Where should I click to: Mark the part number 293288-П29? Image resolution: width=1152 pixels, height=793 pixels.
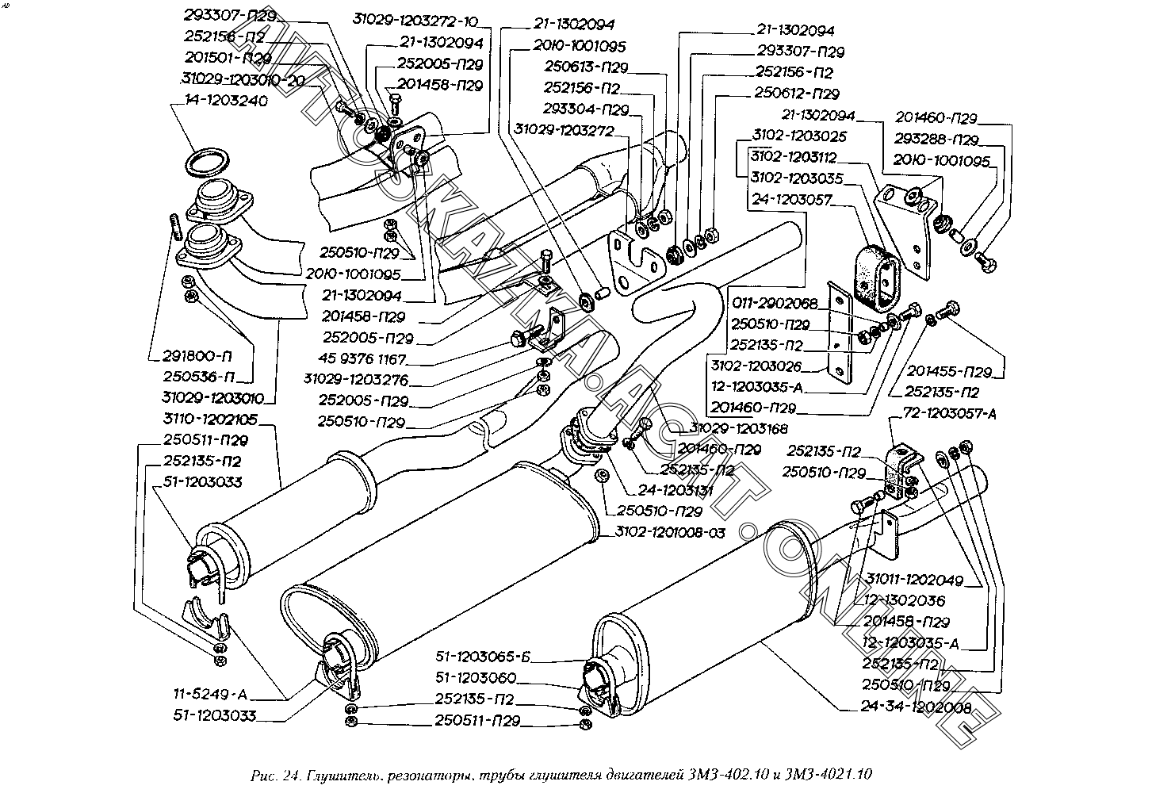click(x=936, y=140)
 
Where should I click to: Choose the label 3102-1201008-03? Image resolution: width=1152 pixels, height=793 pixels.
click(x=669, y=533)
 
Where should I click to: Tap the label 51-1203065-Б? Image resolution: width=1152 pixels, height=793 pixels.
click(x=483, y=657)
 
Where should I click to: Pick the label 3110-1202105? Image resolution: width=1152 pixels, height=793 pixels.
click(x=210, y=419)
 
